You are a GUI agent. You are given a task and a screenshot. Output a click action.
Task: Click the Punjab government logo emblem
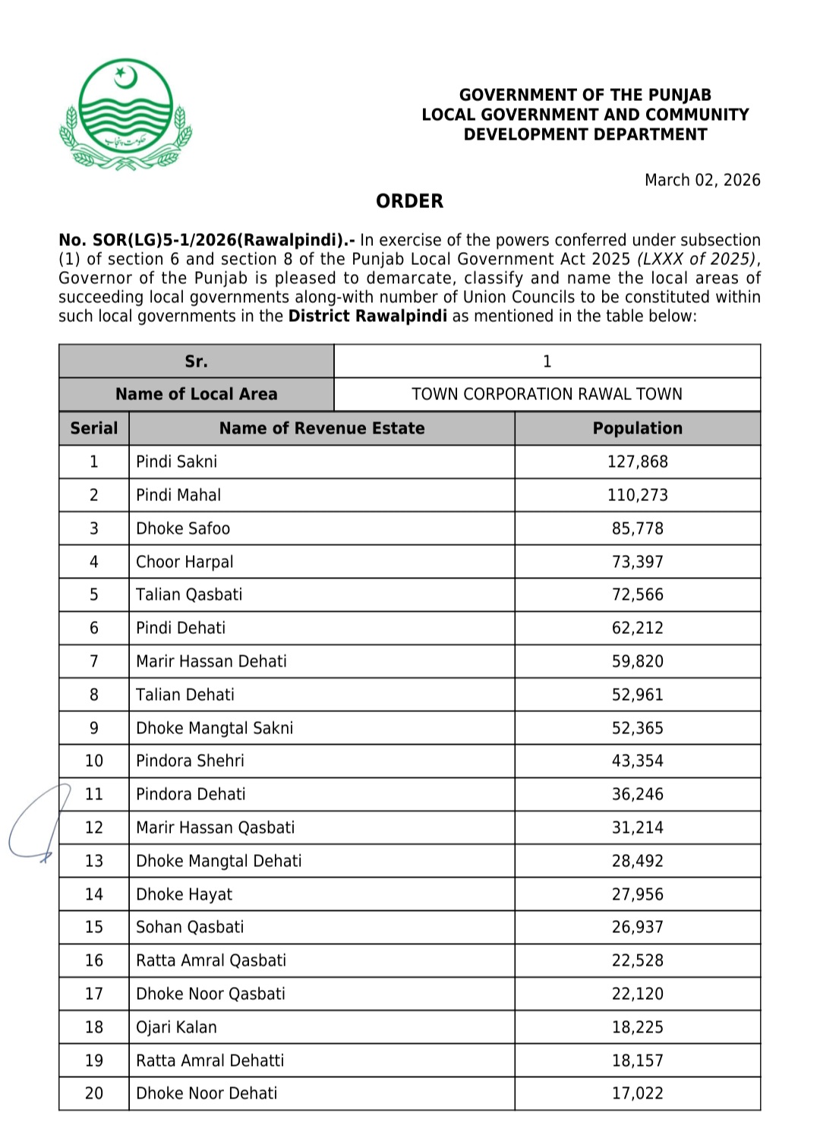126,115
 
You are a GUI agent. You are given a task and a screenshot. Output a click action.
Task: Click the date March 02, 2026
702,180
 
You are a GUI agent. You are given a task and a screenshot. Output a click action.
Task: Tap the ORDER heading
409,201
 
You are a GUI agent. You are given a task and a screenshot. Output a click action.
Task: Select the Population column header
637,428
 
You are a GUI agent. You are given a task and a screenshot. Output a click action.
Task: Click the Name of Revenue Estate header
322,428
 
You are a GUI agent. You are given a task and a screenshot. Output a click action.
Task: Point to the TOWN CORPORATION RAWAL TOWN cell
547,394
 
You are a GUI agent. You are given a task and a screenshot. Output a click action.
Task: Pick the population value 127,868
637,462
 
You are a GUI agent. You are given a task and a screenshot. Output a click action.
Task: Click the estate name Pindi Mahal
178,495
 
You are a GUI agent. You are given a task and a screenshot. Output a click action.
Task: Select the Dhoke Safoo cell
183,528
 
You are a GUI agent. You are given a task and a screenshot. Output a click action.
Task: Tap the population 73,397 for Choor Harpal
637,562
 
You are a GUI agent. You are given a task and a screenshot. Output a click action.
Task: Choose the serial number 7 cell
94,661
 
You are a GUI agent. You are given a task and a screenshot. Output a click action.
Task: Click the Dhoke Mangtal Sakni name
214,728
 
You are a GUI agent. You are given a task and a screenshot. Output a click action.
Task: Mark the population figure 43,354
637,761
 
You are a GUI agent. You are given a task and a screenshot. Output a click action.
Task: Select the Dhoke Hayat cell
184,894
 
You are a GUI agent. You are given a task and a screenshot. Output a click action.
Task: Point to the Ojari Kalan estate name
176,1027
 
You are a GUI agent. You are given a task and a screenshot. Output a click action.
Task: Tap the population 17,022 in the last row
637,1093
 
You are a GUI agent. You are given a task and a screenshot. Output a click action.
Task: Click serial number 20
94,1093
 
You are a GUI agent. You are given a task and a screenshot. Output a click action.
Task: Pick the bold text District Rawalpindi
367,317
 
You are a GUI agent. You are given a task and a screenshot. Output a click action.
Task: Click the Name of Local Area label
196,394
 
